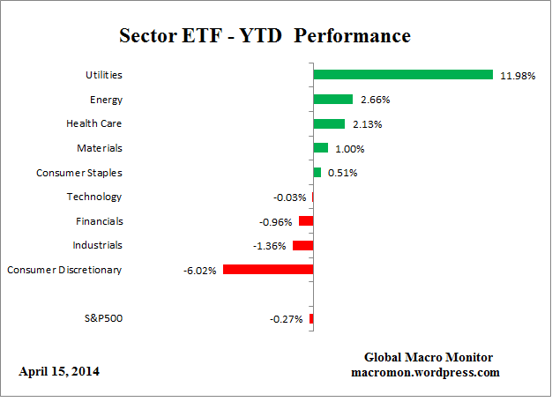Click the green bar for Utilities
coord(403,75)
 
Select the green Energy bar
coord(333,100)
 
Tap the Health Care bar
coord(329,124)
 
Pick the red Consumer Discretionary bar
coord(268,270)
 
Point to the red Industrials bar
coord(302,246)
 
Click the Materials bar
coord(320,148)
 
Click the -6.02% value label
coord(199,271)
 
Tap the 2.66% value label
coord(374,100)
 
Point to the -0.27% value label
coord(287,319)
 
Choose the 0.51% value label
coord(342,173)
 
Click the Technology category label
coord(94,197)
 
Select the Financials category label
coord(97,221)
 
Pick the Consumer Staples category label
coord(78,173)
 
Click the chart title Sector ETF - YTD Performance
coord(265,37)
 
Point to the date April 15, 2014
coord(59,372)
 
